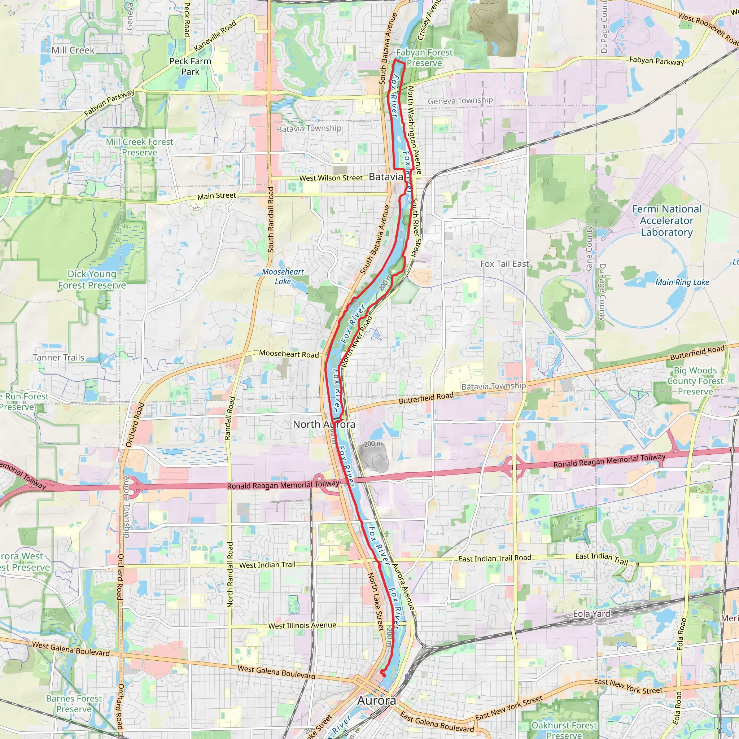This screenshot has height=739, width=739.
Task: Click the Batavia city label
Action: click(386, 177)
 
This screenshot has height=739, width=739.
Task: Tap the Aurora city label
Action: click(376, 700)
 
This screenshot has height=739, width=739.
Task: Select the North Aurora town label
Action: click(324, 424)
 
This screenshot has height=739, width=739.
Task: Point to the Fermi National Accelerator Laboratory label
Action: click(667, 221)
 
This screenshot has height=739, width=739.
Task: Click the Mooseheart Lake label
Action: click(283, 276)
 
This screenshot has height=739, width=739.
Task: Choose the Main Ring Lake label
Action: click(682, 282)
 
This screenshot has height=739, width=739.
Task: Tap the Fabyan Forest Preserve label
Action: click(424, 58)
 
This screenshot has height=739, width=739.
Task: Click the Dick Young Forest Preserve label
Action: click(92, 280)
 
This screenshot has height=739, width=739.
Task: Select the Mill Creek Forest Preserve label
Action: click(140, 147)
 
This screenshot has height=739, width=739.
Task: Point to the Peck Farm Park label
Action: click(190, 66)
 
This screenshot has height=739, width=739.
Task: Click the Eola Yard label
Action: click(591, 614)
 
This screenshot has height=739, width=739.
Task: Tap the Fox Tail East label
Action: click(504, 264)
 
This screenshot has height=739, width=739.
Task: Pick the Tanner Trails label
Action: click(58, 358)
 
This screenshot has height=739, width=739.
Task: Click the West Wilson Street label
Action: click(331, 178)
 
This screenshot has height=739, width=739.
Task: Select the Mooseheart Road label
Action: click(289, 354)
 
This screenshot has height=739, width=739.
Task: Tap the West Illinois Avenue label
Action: click(302, 626)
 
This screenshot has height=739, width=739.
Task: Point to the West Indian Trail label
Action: click(267, 565)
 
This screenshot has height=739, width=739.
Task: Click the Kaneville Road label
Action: click(215, 36)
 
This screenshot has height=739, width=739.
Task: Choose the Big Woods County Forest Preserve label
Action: click(695, 381)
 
